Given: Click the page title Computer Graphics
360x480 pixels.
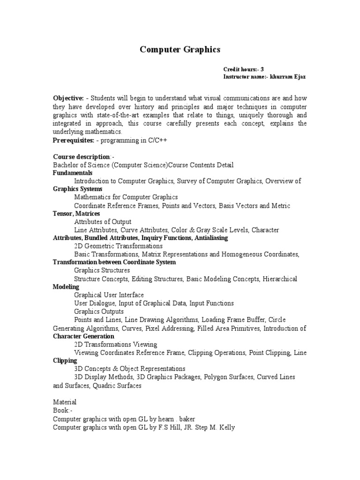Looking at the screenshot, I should coord(180,49).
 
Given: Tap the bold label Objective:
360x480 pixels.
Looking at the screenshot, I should coord(68,98).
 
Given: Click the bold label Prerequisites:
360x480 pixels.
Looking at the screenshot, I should coord(73,140).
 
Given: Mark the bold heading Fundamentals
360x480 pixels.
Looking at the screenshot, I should coord(73,173).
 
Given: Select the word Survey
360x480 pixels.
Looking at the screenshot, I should coord(187,181).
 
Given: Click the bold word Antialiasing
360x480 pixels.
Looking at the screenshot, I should coord(210,238).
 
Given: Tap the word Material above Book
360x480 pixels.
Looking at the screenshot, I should coord(65,402).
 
